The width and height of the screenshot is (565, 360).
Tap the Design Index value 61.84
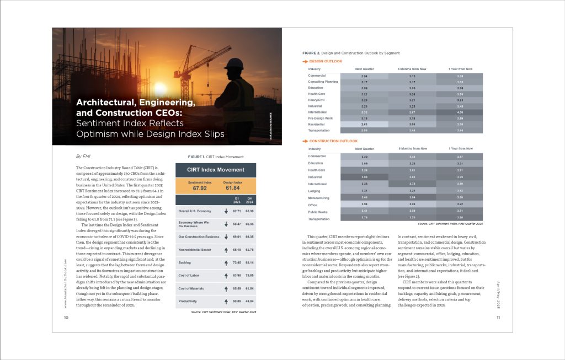tap(233, 188)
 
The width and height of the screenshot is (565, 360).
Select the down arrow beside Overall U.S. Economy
tap(227, 211)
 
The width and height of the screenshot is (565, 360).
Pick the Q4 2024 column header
tap(249, 200)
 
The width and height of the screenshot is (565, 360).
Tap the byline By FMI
tap(82, 156)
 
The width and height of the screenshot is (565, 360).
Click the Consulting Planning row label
tap(323, 82)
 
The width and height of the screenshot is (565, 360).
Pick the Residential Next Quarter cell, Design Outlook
tap(364, 124)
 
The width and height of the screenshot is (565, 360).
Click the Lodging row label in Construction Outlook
tap(316, 190)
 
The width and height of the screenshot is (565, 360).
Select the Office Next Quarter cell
tap(364, 204)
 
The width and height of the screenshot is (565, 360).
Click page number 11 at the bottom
tap(498, 318)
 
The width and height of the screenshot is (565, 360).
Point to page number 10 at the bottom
tap(66, 318)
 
